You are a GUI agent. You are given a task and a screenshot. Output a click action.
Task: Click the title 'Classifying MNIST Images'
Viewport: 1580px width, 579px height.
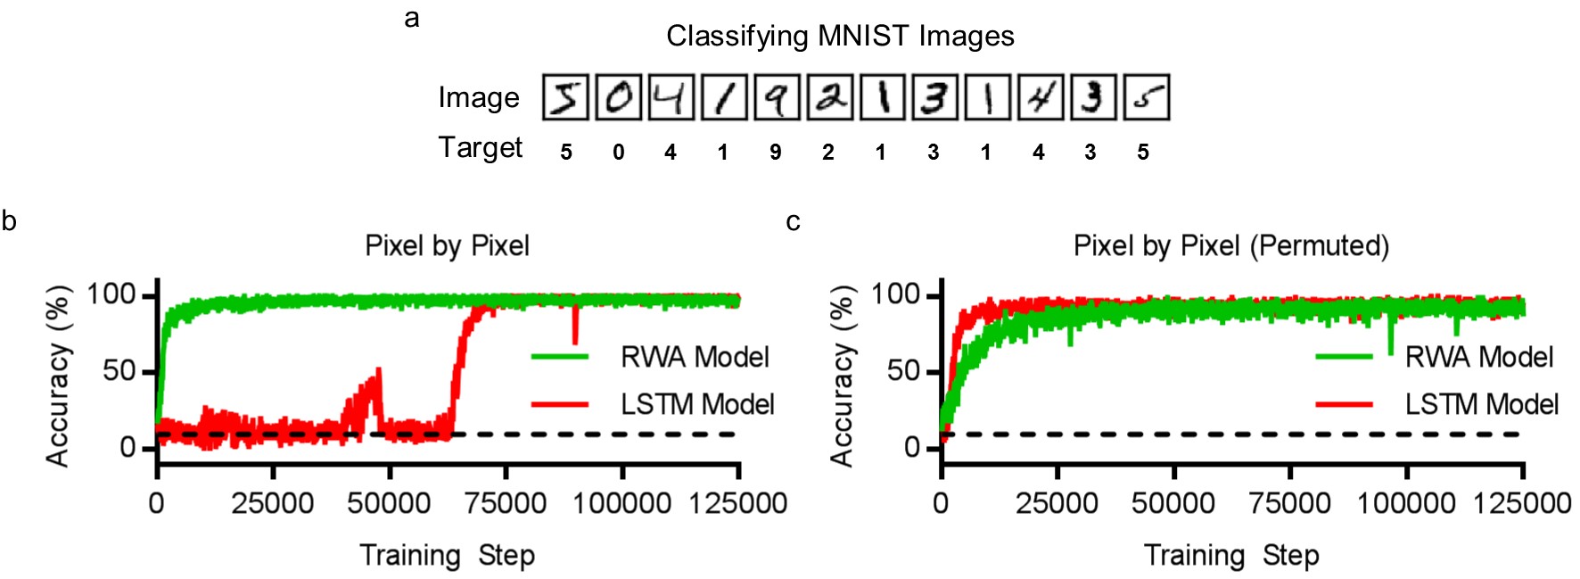tap(840, 37)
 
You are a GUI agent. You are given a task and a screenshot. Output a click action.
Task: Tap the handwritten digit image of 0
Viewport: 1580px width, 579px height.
tap(618, 97)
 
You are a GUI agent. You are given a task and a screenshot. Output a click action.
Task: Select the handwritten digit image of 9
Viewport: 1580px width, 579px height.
tap(777, 97)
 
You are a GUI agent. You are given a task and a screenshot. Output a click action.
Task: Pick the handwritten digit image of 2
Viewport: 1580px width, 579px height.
tap(829, 97)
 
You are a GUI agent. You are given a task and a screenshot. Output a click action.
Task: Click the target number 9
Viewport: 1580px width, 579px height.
tap(776, 153)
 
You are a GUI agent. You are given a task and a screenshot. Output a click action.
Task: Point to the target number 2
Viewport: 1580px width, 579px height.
tap(828, 153)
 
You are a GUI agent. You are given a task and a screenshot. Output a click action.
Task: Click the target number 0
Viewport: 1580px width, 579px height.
tap(618, 153)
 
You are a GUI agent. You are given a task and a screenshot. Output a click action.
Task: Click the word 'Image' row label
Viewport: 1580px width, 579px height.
tap(479, 97)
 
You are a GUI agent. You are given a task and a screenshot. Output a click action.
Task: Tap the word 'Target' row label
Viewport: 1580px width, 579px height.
tap(481, 147)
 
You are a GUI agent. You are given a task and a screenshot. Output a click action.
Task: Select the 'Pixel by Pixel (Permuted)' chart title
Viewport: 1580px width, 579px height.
tap(1230, 246)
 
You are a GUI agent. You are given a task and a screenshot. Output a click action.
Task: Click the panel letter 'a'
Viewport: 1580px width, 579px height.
tap(412, 18)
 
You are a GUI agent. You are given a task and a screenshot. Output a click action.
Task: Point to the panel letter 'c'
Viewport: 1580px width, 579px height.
tap(793, 221)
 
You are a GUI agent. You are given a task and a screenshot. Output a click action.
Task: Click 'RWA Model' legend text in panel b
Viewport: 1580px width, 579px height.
tap(695, 358)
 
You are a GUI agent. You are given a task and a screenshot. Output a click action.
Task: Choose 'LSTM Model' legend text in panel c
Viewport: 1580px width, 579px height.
tap(1481, 405)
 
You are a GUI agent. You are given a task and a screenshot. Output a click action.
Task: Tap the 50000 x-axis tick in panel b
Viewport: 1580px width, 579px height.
tap(389, 504)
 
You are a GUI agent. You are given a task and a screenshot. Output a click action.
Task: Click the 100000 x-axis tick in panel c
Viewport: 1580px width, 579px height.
tap(1406, 504)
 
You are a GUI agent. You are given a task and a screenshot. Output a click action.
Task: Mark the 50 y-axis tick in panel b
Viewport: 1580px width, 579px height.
tap(119, 371)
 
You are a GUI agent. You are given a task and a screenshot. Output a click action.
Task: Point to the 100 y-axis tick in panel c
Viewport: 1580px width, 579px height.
tap(894, 294)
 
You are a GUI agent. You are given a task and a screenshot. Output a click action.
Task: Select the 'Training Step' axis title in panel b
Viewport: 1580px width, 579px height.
tap(447, 556)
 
